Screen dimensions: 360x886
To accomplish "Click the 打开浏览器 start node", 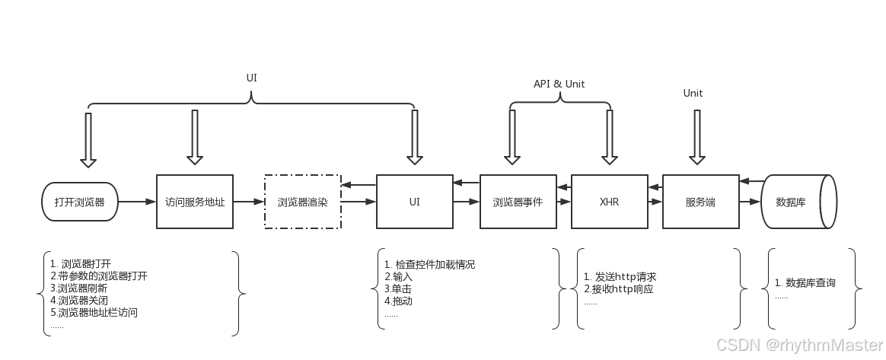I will click(79, 202).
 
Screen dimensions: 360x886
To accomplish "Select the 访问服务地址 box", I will click(195, 202).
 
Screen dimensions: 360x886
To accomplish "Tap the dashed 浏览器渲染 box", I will click(302, 202).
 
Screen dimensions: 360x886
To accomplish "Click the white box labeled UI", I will click(414, 202).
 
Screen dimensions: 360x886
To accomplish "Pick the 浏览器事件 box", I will click(518, 202).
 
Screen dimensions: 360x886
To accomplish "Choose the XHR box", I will click(609, 202).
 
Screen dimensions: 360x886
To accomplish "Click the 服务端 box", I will click(700, 202).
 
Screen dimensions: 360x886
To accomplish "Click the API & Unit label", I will click(559, 84).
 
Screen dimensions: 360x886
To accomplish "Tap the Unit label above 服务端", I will click(693, 93).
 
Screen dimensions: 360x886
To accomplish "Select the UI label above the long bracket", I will click(252, 78).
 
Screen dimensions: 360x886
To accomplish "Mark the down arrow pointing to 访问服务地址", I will click(195, 137).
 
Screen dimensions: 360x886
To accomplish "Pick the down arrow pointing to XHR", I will click(609, 137).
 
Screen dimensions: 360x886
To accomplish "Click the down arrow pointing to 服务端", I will click(696, 137).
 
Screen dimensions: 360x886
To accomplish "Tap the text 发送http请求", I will click(620, 277).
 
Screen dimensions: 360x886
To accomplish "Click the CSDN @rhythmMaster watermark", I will click(798, 344).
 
